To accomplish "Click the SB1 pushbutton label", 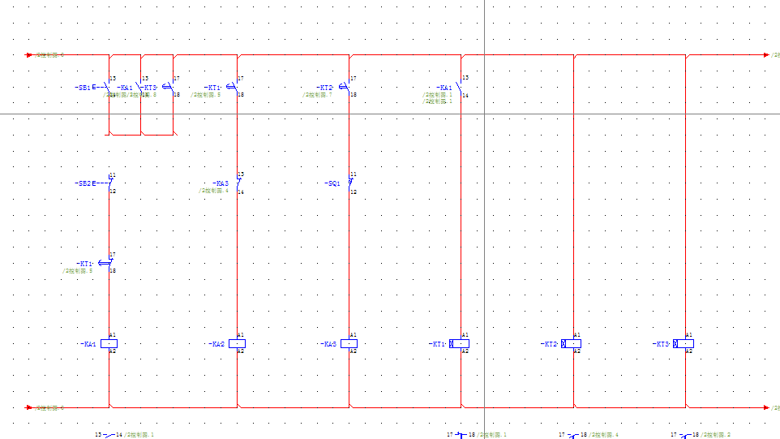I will tap(84, 87).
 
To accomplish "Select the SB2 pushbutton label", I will tap(84, 183).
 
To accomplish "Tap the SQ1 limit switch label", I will tap(332, 183).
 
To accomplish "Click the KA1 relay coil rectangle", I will tap(109, 343).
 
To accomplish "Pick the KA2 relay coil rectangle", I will tap(237, 343).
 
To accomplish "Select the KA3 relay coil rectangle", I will tap(349, 343).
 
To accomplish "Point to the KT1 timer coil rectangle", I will tap(460, 343).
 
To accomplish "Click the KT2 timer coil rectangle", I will tap(572, 343).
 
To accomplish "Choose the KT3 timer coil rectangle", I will tap(684, 343).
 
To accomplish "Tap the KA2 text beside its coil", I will tap(217, 344).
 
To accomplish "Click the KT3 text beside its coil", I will tap(662, 344).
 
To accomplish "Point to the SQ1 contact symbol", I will tap(350, 183).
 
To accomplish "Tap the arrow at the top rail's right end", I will tap(766, 55).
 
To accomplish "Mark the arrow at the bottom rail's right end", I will tap(766, 407).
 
